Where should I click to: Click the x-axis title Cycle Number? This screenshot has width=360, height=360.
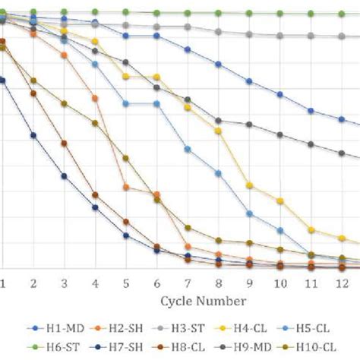203,301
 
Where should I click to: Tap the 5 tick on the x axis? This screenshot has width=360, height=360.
125,282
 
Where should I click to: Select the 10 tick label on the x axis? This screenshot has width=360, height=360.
280,282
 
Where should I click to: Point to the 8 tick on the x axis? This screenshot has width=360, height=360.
219,282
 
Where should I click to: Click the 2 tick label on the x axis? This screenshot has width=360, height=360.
33,282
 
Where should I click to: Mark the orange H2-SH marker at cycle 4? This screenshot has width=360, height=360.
95,98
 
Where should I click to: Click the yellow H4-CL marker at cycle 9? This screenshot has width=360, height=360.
249,185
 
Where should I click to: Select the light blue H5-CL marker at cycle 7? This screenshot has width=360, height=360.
188,149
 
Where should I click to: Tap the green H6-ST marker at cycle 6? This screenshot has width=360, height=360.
156,13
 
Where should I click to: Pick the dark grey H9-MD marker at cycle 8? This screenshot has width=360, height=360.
219,121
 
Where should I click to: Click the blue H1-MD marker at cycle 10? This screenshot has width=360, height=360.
280,94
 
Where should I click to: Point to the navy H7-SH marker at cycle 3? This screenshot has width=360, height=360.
64,176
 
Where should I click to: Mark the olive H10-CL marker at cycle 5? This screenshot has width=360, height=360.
126,158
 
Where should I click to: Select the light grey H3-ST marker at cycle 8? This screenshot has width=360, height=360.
219,32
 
